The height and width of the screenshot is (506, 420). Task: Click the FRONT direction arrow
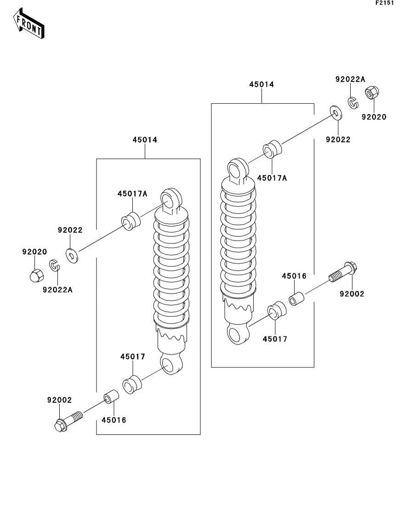(28, 23)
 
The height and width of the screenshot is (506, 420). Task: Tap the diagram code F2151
(385, 3)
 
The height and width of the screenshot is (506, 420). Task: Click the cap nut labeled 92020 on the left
(34, 275)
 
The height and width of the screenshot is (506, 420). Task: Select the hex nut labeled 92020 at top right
(372, 93)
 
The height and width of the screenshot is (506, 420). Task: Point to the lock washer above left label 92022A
(54, 266)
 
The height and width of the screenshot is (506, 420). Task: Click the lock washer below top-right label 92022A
(353, 102)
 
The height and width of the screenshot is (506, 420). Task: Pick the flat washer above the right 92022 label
(336, 113)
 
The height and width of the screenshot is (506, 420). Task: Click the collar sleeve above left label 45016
(111, 396)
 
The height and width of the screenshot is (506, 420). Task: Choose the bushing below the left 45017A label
(131, 221)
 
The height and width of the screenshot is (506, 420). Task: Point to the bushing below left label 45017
(132, 385)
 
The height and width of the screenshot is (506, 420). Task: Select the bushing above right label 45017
(277, 311)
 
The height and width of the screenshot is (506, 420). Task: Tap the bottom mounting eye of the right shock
(238, 334)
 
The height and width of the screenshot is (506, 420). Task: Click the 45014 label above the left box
(145, 140)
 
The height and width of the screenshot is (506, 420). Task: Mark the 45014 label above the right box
(261, 84)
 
